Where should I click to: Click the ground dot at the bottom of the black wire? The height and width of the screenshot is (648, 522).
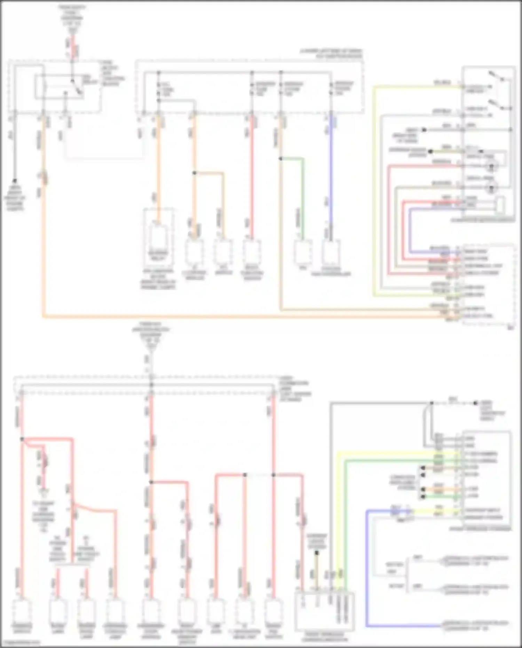15,181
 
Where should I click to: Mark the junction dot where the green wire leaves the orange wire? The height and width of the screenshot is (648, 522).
280,159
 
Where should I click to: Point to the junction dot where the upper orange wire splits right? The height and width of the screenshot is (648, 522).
195,173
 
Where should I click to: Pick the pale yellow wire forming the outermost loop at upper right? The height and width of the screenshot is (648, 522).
374,192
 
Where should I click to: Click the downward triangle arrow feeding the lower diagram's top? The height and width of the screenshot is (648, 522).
151,347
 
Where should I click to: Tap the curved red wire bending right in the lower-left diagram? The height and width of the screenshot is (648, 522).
97,509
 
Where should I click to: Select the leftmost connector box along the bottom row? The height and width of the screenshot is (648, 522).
22,611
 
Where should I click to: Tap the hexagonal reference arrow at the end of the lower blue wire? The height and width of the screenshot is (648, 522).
444,626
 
